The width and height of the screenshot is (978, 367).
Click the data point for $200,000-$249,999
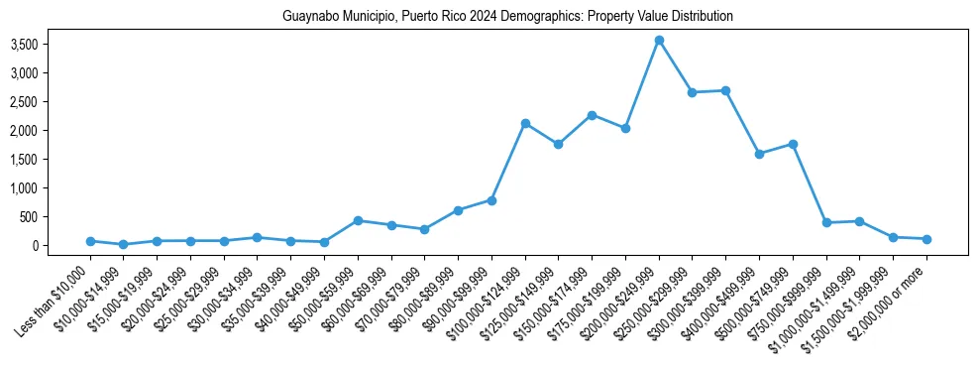659,41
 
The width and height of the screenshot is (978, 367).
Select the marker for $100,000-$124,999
525,123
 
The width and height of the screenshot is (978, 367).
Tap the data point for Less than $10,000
90,241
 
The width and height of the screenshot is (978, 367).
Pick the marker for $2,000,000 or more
926,239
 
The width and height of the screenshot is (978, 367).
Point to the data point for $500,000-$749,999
793,144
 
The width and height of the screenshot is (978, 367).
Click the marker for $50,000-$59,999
358,220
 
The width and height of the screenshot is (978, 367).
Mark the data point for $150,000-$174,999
592,115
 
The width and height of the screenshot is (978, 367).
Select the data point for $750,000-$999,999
826,222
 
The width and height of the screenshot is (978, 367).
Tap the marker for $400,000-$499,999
759,154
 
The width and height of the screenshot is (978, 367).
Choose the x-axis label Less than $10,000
54,303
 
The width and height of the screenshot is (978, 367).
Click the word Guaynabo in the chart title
308,17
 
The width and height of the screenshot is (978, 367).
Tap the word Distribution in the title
701,17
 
